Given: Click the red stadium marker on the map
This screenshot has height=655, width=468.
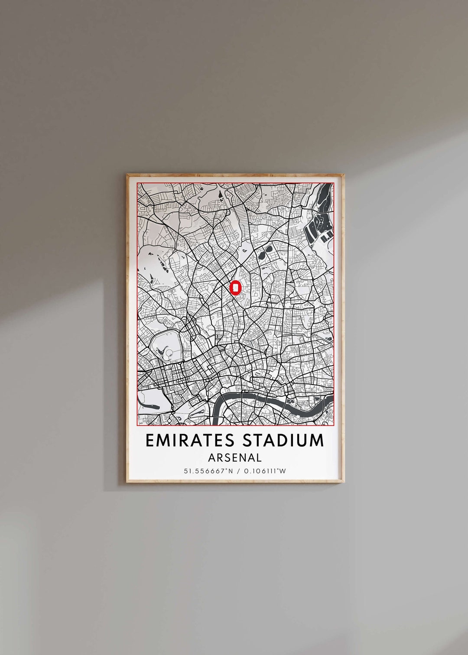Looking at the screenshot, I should [235, 288].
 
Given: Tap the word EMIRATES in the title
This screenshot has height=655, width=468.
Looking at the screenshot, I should [190, 440].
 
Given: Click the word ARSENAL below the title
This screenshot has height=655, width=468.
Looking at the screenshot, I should [235, 457].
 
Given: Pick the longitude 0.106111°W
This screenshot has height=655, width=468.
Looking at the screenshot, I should [264, 471].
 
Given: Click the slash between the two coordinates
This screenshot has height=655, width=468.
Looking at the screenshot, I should [235, 471].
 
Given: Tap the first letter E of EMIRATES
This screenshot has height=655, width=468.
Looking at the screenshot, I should [149, 440].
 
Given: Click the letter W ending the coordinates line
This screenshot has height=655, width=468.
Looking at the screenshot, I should [283, 471].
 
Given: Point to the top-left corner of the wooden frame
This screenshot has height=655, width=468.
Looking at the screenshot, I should [127, 175].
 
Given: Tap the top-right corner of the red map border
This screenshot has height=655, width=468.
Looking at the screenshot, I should [334, 183].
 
